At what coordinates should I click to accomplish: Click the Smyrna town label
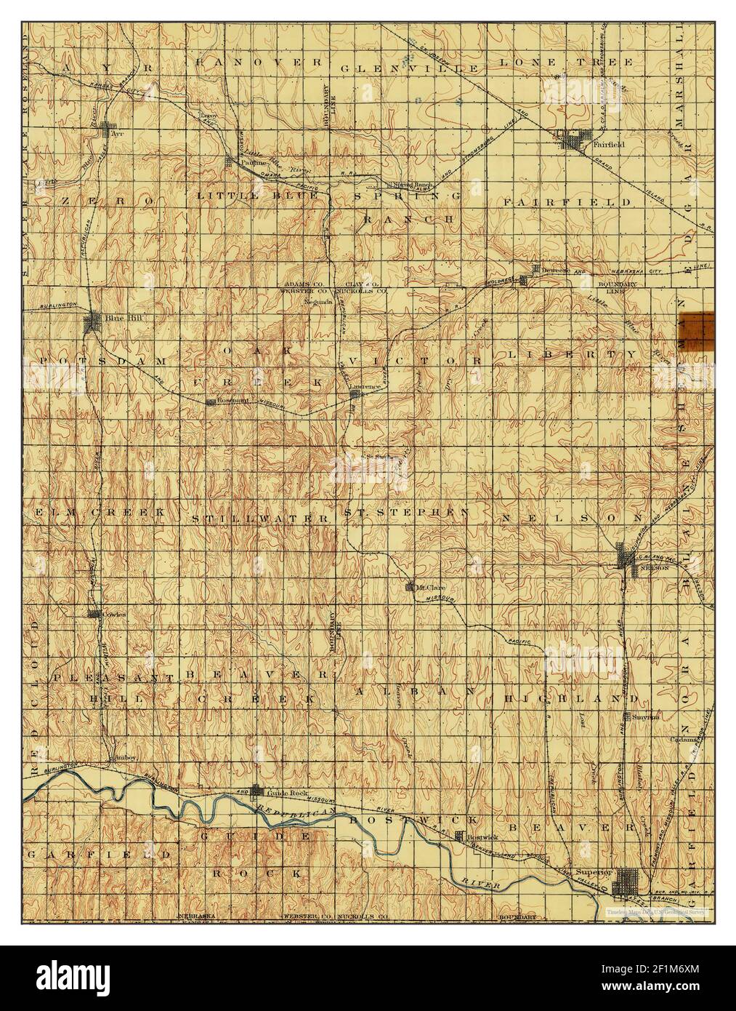pos(644,716)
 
